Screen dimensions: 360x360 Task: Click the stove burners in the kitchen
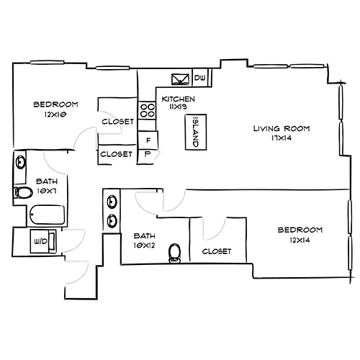[x=148, y=110]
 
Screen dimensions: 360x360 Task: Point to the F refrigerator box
[x=148, y=139]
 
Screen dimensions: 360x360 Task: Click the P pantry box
[x=148, y=153]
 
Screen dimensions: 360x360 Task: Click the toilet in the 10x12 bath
[x=174, y=251]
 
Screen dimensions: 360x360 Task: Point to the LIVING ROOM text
[x=281, y=129]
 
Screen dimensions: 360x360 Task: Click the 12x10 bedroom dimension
[x=55, y=114]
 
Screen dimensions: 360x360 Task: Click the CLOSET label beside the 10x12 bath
[x=217, y=251]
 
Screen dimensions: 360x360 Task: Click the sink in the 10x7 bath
[x=20, y=164]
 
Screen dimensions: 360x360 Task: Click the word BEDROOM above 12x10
[x=55, y=105]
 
